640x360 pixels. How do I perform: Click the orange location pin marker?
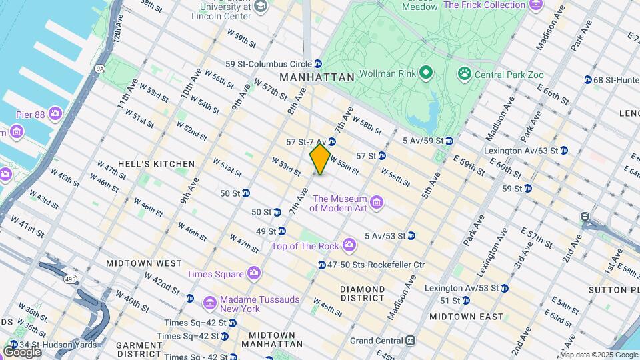[x=320, y=159]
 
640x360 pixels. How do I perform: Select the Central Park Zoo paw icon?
[x=464, y=73]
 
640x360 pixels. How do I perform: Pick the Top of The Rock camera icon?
[x=349, y=246]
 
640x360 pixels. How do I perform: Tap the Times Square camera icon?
[x=253, y=273]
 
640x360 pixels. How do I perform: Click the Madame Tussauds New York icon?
[x=209, y=304]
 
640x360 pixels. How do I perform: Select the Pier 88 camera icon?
[x=55, y=114]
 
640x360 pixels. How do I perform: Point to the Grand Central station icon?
[x=411, y=340]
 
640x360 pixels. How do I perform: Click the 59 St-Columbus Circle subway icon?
[x=318, y=64]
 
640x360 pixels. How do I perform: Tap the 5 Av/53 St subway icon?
[x=411, y=235]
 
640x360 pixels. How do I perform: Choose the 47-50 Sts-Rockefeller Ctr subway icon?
[x=321, y=265]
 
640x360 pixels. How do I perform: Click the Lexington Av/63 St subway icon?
[x=563, y=151]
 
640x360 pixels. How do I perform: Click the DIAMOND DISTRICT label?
[x=363, y=293]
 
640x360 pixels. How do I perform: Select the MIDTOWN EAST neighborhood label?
[x=466, y=316]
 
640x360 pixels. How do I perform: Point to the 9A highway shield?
[x=100, y=68]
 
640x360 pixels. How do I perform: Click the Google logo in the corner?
[x=22, y=351]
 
